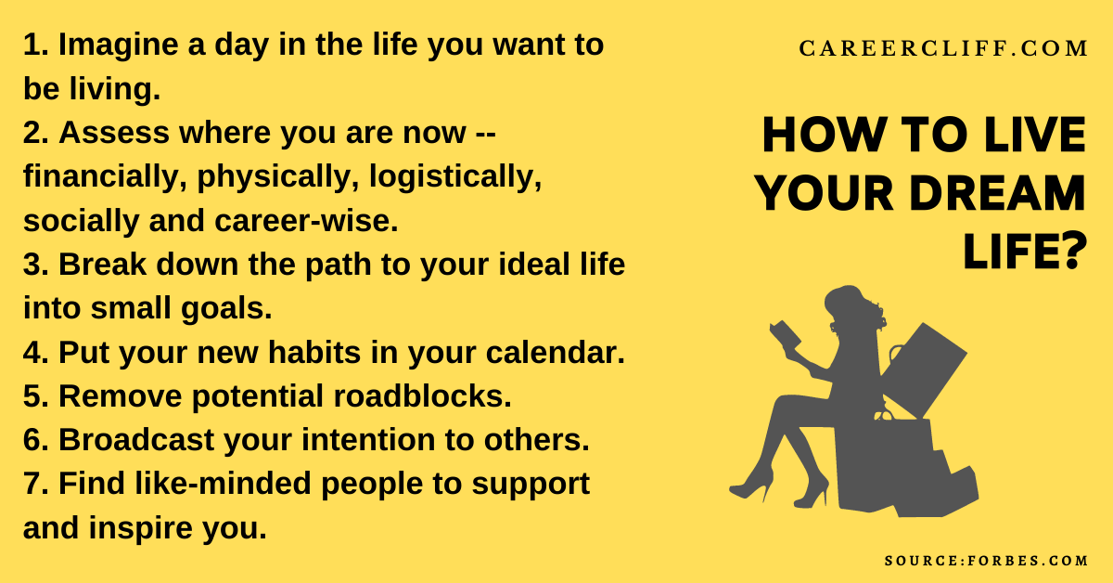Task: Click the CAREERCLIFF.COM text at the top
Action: [944, 49]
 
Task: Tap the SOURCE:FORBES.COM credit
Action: [987, 561]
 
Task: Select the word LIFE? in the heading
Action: [1024, 252]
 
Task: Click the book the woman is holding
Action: [785, 335]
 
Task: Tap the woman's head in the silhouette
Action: [846, 306]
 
